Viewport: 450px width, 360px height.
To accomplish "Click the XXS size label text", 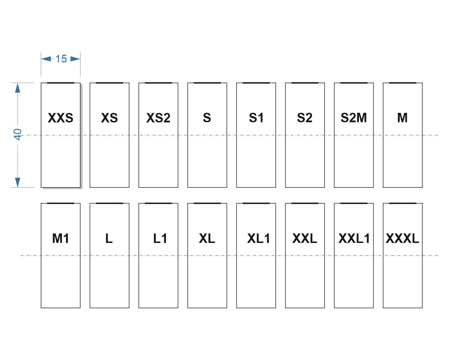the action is (60, 118).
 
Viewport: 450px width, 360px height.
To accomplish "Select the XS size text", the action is (109, 118).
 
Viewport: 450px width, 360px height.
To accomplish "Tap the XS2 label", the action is (158, 118).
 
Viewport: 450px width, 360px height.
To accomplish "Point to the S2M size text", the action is (354, 117).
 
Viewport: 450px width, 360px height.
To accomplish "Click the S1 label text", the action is (256, 117).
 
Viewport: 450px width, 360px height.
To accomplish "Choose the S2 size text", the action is (305, 117).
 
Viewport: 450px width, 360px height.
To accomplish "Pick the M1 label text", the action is (60, 238).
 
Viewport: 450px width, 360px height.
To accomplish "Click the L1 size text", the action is (160, 238).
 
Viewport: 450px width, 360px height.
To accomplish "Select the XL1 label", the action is (258, 238).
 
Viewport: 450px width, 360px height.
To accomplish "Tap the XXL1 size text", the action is (354, 238).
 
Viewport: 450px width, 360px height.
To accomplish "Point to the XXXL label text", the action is (403, 238).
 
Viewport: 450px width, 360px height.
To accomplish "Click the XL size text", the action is (207, 238).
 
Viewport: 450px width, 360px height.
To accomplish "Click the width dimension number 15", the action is (61, 59).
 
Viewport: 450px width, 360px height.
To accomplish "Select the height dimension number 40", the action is (17, 135).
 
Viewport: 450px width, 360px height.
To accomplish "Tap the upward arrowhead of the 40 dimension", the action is (18, 88).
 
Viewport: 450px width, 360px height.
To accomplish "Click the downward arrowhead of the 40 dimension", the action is (18, 182).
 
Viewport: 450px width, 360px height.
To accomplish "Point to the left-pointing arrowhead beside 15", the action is (46, 59).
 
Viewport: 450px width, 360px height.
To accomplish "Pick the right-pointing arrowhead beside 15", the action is (75, 59).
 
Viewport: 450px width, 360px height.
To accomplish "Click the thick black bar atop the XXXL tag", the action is (403, 203).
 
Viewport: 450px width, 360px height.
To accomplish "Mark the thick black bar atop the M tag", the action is (403, 83).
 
